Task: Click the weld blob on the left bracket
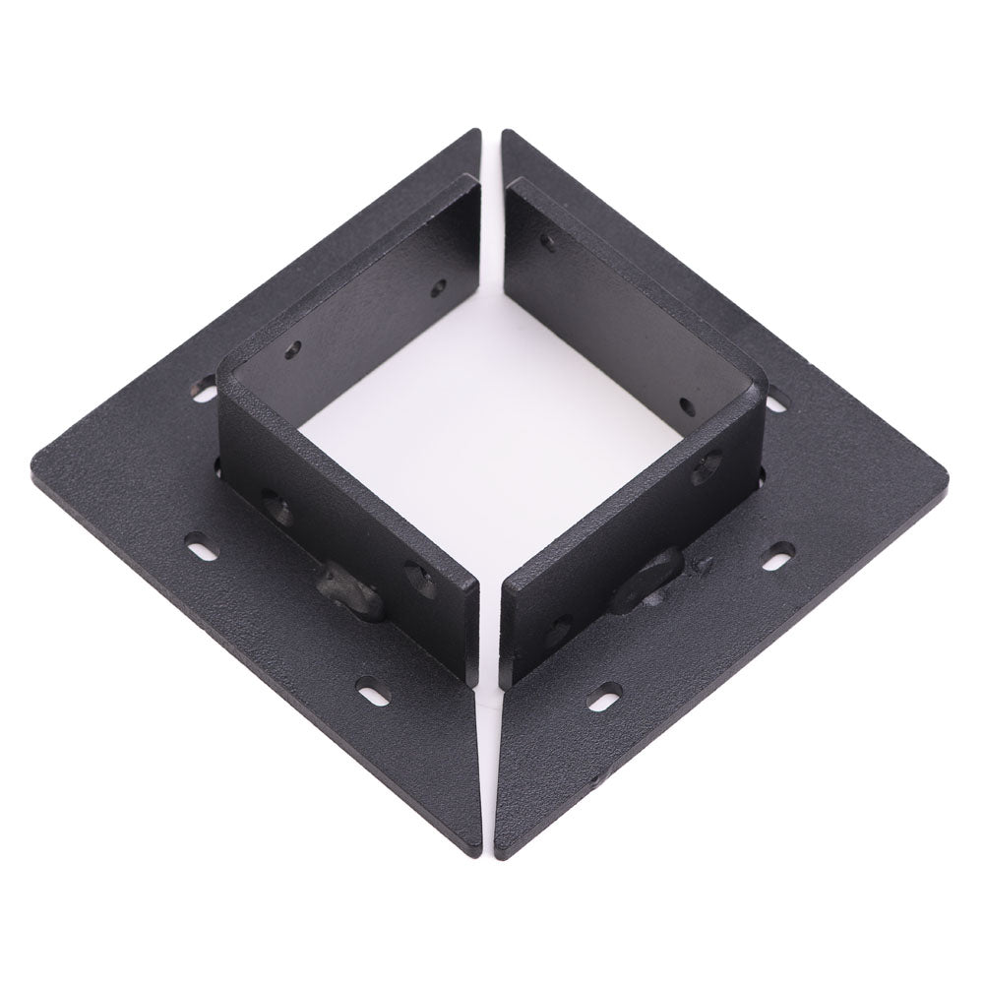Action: pyautogui.click(x=349, y=590)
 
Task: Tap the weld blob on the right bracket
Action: pyautogui.click(x=646, y=582)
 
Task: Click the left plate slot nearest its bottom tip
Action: pyautogui.click(x=373, y=691)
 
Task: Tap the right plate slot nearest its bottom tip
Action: pyautogui.click(x=603, y=698)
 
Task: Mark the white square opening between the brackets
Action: pyautogui.click(x=492, y=433)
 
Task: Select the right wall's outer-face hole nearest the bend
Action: pyautogui.click(x=707, y=466)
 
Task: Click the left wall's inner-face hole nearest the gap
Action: pyautogui.click(x=439, y=288)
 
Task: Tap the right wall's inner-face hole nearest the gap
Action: pyautogui.click(x=547, y=239)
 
